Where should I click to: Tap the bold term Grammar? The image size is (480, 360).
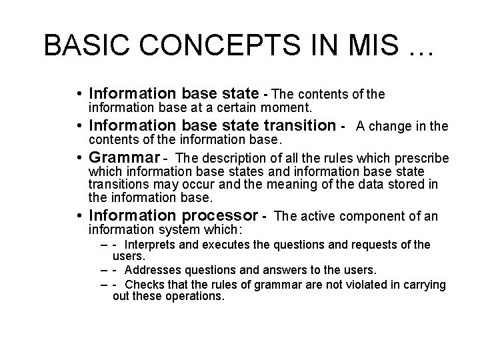pos(125,158)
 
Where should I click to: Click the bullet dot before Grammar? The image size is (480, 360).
pos(80,159)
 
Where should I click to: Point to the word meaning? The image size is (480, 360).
pos(321,184)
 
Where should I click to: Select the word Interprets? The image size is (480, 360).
pos(151,245)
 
